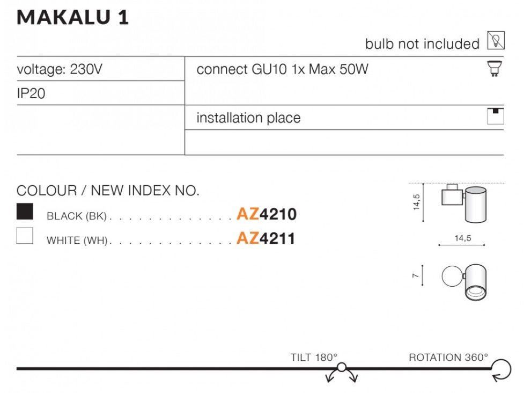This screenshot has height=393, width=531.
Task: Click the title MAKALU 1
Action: click(x=73, y=17)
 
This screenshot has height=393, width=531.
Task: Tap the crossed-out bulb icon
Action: click(x=496, y=41)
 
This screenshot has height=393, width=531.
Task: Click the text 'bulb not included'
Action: click(x=422, y=44)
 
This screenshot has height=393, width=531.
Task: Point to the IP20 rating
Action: click(x=31, y=94)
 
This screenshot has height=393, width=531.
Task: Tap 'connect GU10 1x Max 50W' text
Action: click(x=283, y=69)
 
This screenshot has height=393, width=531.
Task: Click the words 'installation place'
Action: click(x=248, y=118)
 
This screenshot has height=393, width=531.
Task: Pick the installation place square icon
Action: click(x=495, y=117)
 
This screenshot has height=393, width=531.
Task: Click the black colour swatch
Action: click(x=25, y=212)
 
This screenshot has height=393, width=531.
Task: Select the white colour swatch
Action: click(x=25, y=236)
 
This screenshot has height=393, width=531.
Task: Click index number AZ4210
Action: click(x=266, y=215)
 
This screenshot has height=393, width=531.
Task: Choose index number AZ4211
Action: click(x=266, y=238)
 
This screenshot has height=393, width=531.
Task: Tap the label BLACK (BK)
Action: click(x=77, y=216)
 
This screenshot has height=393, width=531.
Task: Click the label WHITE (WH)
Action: click(x=78, y=240)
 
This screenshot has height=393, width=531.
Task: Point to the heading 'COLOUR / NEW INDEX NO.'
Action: click(x=108, y=191)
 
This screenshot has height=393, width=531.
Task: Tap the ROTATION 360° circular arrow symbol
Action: click(x=501, y=370)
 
